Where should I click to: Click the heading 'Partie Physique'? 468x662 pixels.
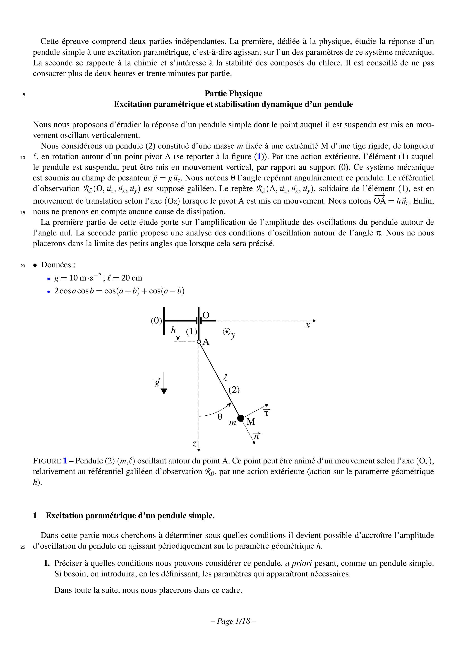[x=233, y=94]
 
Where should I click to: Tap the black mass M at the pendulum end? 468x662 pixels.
[x=240, y=418]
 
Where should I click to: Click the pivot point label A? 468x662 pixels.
[x=206, y=342]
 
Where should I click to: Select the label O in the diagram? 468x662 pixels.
[x=206, y=315]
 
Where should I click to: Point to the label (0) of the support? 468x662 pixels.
[x=157, y=321]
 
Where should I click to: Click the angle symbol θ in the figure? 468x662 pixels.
[x=220, y=416]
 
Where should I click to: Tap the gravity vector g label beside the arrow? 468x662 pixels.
[x=157, y=383]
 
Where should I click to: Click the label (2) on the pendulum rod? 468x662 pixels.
[x=234, y=390]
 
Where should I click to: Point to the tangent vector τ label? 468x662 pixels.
[x=266, y=412]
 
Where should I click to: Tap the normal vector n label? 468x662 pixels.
[x=256, y=437]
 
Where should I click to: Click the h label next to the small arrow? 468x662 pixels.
[x=173, y=330]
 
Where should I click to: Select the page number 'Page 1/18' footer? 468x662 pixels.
[x=234, y=621]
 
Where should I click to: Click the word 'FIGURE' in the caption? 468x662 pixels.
[x=47, y=461]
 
